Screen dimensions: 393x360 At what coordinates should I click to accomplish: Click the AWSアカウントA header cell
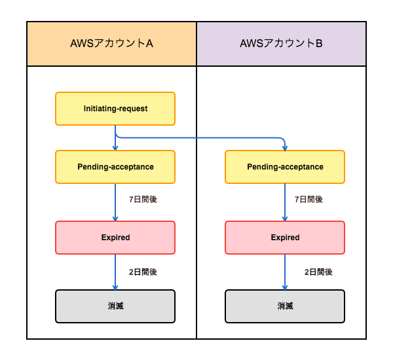pyautogui.click(x=111, y=44)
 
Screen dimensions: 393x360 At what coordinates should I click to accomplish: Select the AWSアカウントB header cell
pyautogui.click(x=281, y=44)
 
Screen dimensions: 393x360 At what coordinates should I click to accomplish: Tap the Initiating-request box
pyautogui.click(x=115, y=109)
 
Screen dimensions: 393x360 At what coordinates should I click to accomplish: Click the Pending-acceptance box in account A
pyautogui.click(x=115, y=167)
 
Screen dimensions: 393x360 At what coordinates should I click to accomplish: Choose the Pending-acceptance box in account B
pyautogui.click(x=285, y=167)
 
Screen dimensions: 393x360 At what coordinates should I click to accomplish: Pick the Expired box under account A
pyautogui.click(x=115, y=238)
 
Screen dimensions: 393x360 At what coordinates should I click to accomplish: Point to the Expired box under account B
pyautogui.click(x=285, y=238)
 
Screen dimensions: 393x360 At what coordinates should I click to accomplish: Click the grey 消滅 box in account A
pyautogui.click(x=115, y=306)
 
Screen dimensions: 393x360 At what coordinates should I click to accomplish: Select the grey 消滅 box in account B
pyautogui.click(x=285, y=306)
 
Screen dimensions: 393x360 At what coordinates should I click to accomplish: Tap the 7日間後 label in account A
pyautogui.click(x=143, y=200)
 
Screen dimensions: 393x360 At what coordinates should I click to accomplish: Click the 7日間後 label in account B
pyautogui.click(x=309, y=200)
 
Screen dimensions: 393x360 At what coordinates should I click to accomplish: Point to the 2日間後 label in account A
pyautogui.click(x=143, y=272)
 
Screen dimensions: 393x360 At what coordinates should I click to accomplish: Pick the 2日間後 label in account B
pyautogui.click(x=318, y=272)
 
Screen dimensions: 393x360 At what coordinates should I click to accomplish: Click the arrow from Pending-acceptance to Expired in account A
pyautogui.click(x=115, y=202)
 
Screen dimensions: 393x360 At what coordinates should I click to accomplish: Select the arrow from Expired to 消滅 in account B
pyautogui.click(x=285, y=272)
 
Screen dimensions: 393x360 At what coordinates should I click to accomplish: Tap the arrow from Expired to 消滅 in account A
pyautogui.click(x=115, y=272)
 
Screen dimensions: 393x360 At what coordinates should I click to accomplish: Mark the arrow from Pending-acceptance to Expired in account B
pyautogui.click(x=285, y=202)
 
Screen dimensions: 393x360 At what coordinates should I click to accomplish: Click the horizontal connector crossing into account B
pyautogui.click(x=200, y=137)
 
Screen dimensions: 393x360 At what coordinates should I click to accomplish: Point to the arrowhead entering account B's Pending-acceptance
pyautogui.click(x=285, y=149)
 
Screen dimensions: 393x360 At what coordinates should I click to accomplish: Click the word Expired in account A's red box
pyautogui.click(x=115, y=238)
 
